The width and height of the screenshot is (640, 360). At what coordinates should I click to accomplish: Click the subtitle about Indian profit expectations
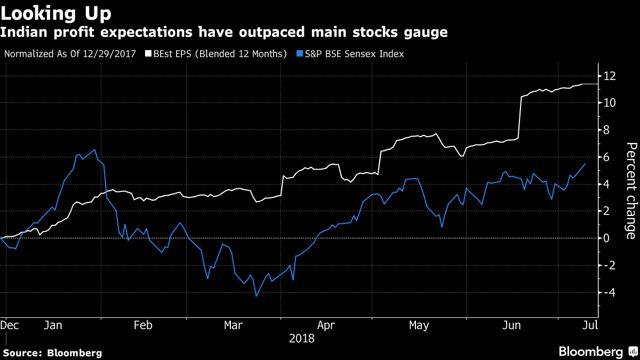click(226, 32)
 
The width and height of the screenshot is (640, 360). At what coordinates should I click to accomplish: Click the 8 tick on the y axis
click(608, 130)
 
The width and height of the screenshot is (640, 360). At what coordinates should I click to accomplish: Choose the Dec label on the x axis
click(11, 325)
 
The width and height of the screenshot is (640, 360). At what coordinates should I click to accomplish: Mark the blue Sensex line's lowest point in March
click(256, 296)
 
